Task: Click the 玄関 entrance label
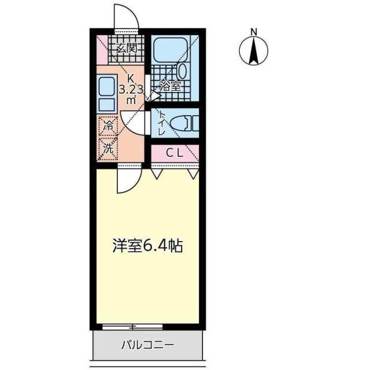pos(126,49)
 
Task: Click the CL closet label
pos(175,153)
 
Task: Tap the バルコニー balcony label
pos(147,346)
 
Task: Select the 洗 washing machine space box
pos(108,147)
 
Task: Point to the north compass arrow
pos(253,51)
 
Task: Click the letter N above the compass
pos(253,32)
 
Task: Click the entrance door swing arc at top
pos(127,16)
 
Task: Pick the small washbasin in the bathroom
pos(183,73)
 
